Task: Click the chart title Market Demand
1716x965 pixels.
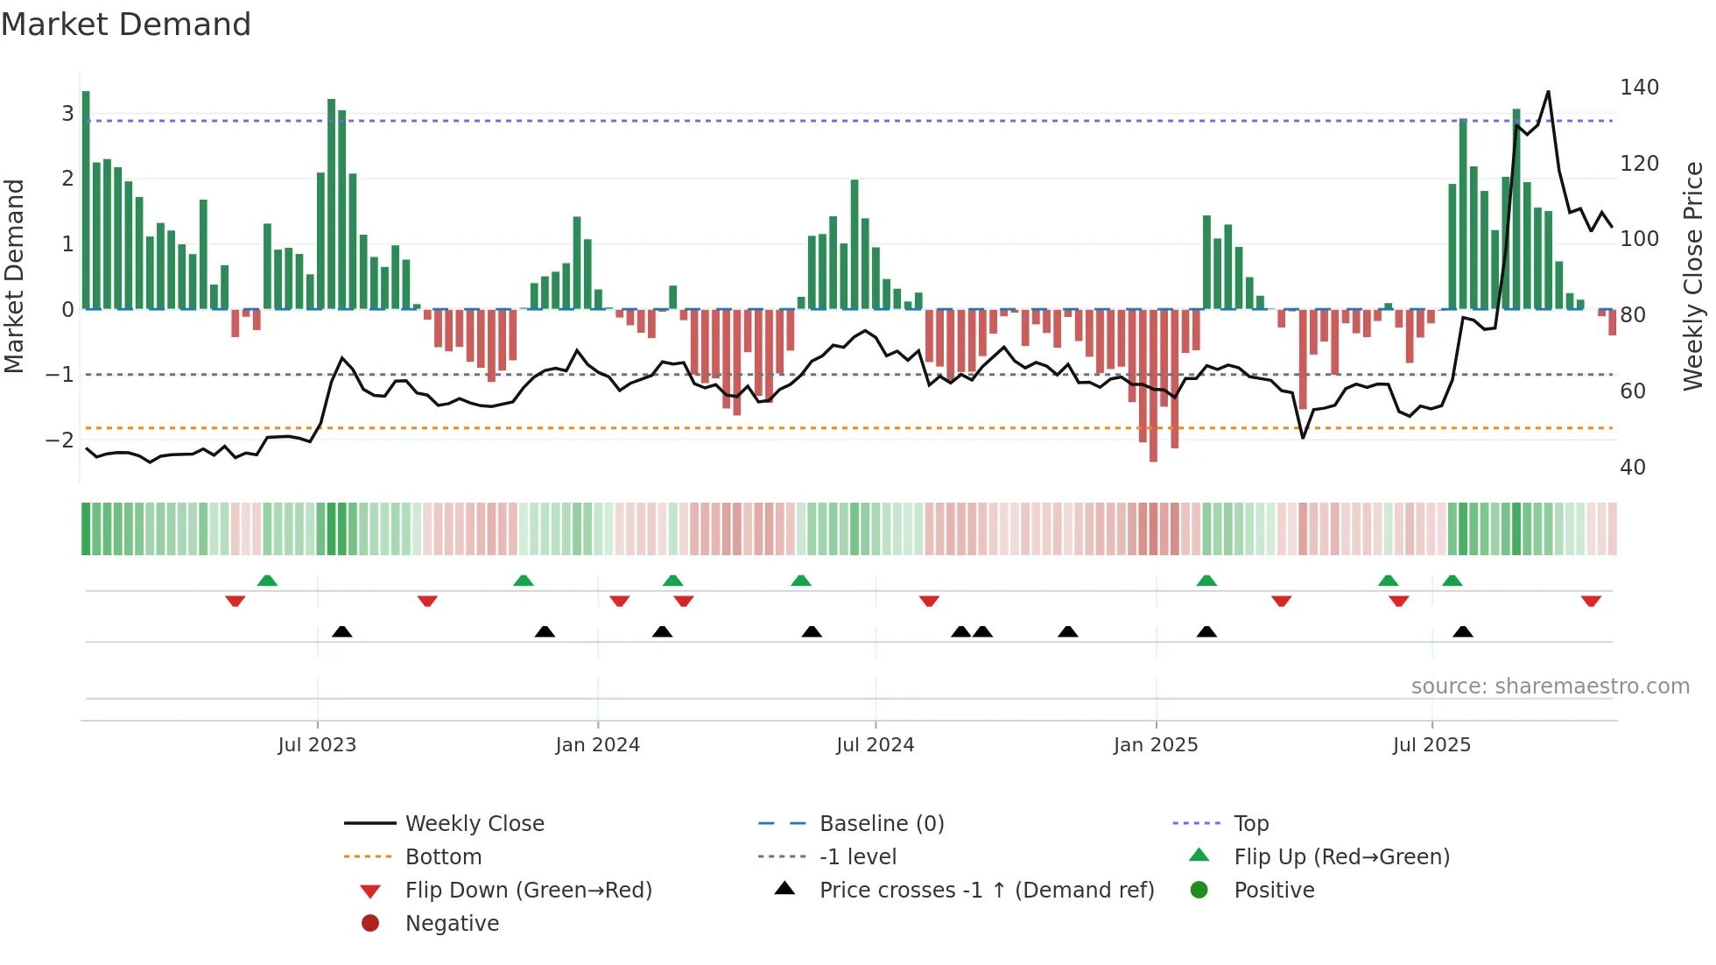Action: coord(126,25)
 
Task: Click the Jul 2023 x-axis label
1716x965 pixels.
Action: coord(317,745)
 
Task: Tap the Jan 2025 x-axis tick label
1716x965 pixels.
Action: coord(1156,745)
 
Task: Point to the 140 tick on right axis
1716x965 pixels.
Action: coord(1639,88)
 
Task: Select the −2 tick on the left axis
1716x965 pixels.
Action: coord(60,440)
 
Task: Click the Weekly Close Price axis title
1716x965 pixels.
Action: coord(1693,276)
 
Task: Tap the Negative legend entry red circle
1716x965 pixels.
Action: coord(370,923)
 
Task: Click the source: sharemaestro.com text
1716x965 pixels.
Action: coord(1550,687)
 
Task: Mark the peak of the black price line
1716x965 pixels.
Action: coord(1548,91)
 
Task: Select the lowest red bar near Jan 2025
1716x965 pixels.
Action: coord(1153,385)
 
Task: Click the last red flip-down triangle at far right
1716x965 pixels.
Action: coord(1591,601)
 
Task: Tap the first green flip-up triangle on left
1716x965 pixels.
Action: coord(267,581)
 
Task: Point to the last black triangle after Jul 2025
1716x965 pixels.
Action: coord(1463,631)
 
